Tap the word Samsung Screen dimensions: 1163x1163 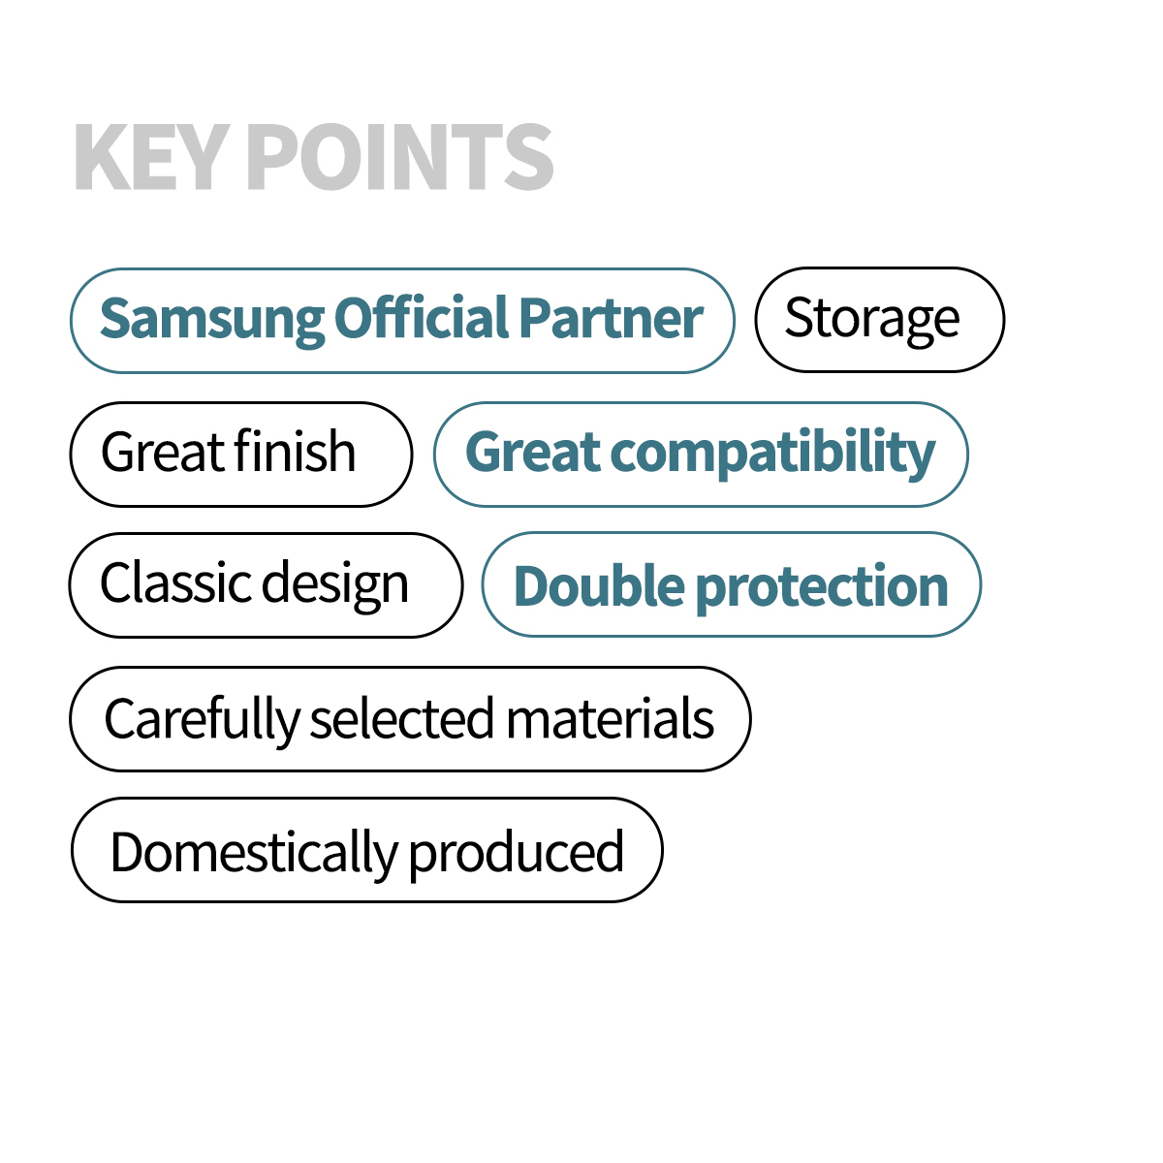click(x=212, y=321)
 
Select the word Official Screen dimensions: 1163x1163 click(x=422, y=317)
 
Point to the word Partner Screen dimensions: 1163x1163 click(x=611, y=318)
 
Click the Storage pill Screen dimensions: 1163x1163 click(x=879, y=320)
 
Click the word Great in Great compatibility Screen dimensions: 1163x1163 click(x=533, y=452)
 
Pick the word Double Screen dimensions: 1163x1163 click(x=599, y=585)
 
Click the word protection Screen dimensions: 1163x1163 click(x=822, y=589)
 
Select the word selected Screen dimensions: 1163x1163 click(x=401, y=717)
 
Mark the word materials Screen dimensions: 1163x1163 click(x=610, y=717)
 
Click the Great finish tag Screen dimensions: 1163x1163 click(x=241, y=455)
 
